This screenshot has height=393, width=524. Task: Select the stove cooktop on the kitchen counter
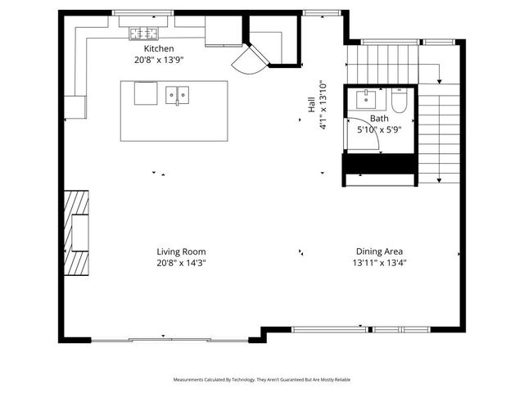(144, 34)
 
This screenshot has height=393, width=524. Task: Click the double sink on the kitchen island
(177, 96)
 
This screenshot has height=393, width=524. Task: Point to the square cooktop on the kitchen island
(147, 93)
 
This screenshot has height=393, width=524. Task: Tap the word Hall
(311, 106)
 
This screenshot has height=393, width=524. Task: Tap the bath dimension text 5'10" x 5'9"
(378, 129)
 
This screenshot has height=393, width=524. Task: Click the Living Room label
(181, 252)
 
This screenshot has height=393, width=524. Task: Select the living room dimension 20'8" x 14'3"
(181, 263)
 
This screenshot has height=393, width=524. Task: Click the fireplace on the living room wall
(79, 232)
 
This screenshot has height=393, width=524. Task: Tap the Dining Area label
(379, 252)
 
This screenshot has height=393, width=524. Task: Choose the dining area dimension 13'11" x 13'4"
(379, 263)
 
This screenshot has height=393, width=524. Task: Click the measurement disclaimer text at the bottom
(261, 380)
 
